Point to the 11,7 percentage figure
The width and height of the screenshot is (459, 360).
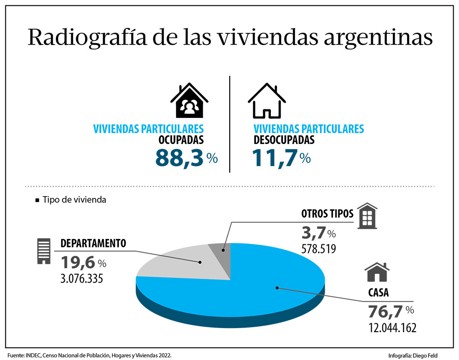[x=275, y=158]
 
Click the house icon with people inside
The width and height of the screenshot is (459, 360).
[x=189, y=100]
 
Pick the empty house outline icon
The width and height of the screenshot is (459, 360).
[x=267, y=100]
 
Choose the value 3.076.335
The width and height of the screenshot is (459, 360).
[x=82, y=278]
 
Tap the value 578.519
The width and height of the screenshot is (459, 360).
[x=318, y=248]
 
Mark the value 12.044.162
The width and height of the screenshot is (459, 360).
[x=392, y=327]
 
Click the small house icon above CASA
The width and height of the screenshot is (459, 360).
[x=377, y=273]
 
